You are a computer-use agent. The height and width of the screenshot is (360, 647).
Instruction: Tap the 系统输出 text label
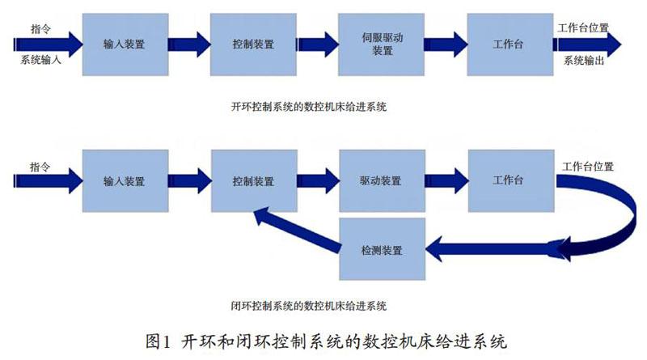coord(583,60)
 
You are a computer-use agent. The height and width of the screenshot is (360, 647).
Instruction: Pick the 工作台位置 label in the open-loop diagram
coord(583,27)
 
